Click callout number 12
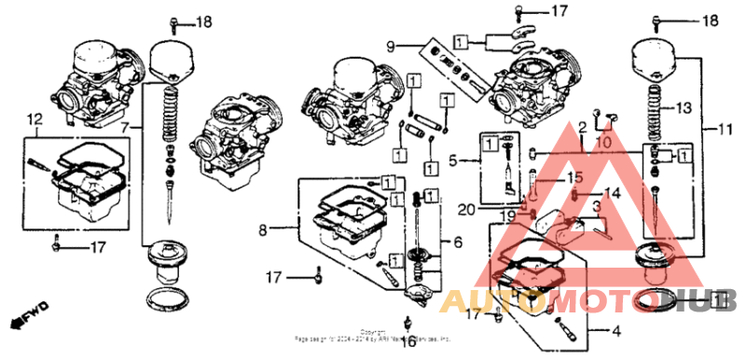(x=35, y=119)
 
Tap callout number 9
(x=393, y=45)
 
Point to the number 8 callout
(x=264, y=228)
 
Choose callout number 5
(x=452, y=161)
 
